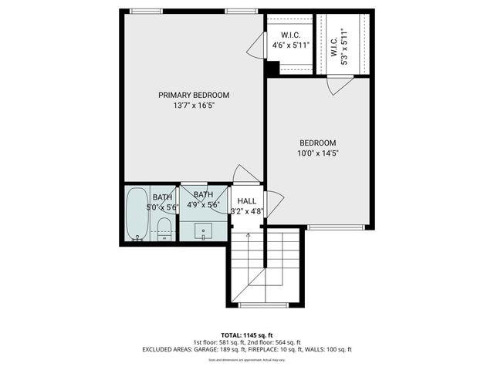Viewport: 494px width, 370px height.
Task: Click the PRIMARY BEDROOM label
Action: pos(194,95)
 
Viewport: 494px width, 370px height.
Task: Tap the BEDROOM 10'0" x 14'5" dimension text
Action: pos(318,153)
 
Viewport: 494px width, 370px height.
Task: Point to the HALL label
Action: pos(247,200)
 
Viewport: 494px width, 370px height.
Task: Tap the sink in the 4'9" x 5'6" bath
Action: pos(205,230)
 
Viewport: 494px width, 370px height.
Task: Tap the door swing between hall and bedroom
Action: pos(276,203)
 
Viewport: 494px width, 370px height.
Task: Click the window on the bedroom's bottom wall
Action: pos(335,227)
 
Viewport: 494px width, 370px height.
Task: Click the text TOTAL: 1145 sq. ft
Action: pos(246,335)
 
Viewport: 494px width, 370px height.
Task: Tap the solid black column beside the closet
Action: pos(271,69)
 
